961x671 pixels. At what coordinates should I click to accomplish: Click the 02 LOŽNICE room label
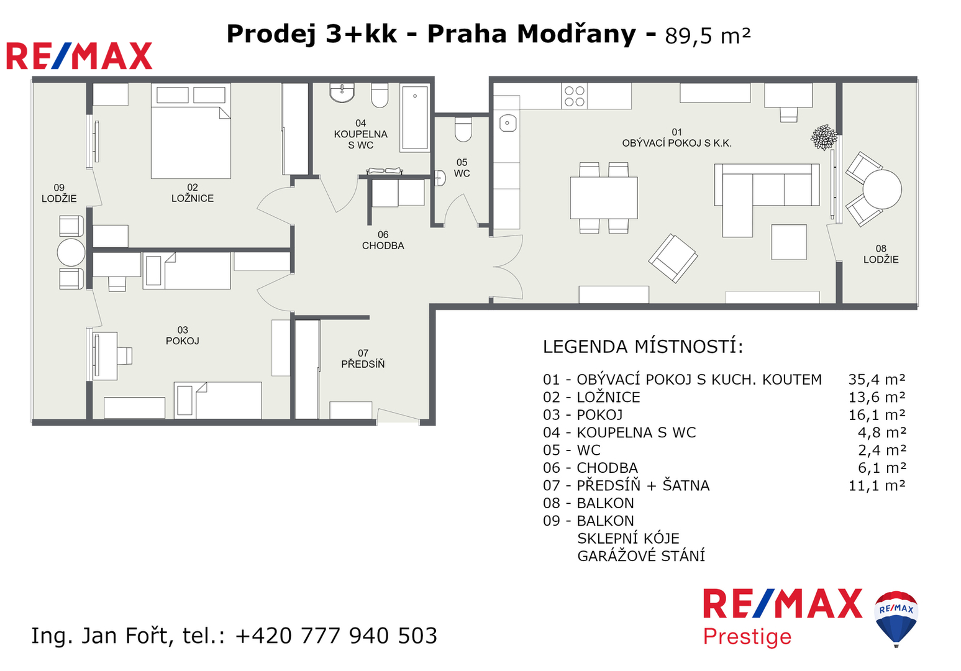point(192,193)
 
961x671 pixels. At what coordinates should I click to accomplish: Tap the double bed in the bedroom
point(191,131)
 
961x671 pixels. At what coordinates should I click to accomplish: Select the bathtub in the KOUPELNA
point(415,118)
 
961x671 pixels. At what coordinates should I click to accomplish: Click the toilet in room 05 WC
point(463,129)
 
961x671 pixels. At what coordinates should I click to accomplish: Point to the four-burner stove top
point(575,96)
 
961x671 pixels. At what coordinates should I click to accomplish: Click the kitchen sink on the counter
point(508,123)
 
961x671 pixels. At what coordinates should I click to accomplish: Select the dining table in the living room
point(604,198)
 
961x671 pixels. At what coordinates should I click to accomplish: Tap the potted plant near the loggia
point(823,137)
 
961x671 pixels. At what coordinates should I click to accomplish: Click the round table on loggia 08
point(882,189)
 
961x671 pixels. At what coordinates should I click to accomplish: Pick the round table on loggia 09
point(71,252)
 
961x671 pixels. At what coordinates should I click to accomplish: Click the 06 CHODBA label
point(383,240)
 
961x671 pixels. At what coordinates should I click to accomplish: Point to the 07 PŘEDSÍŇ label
point(363,358)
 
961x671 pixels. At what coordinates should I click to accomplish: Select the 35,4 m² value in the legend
point(877,380)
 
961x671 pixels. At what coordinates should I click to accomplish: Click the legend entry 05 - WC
point(572,450)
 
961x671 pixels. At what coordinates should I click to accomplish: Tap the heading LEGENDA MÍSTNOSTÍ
point(643,347)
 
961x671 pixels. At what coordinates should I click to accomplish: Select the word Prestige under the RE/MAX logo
point(747,637)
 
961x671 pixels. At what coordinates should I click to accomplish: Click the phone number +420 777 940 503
point(336,636)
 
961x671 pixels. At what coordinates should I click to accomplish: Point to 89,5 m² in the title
point(708,36)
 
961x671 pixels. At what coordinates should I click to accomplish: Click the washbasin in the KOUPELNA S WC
point(342,93)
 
